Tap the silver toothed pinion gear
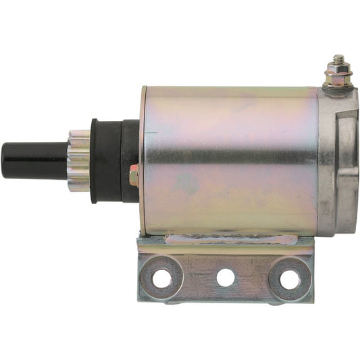click(x=80, y=160)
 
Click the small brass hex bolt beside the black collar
click(x=134, y=177)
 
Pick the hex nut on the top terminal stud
click(x=335, y=70)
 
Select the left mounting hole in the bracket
click(x=162, y=278)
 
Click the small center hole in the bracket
click(x=226, y=278)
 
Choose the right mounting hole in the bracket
click(x=290, y=278)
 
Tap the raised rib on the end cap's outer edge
click(x=355, y=162)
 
